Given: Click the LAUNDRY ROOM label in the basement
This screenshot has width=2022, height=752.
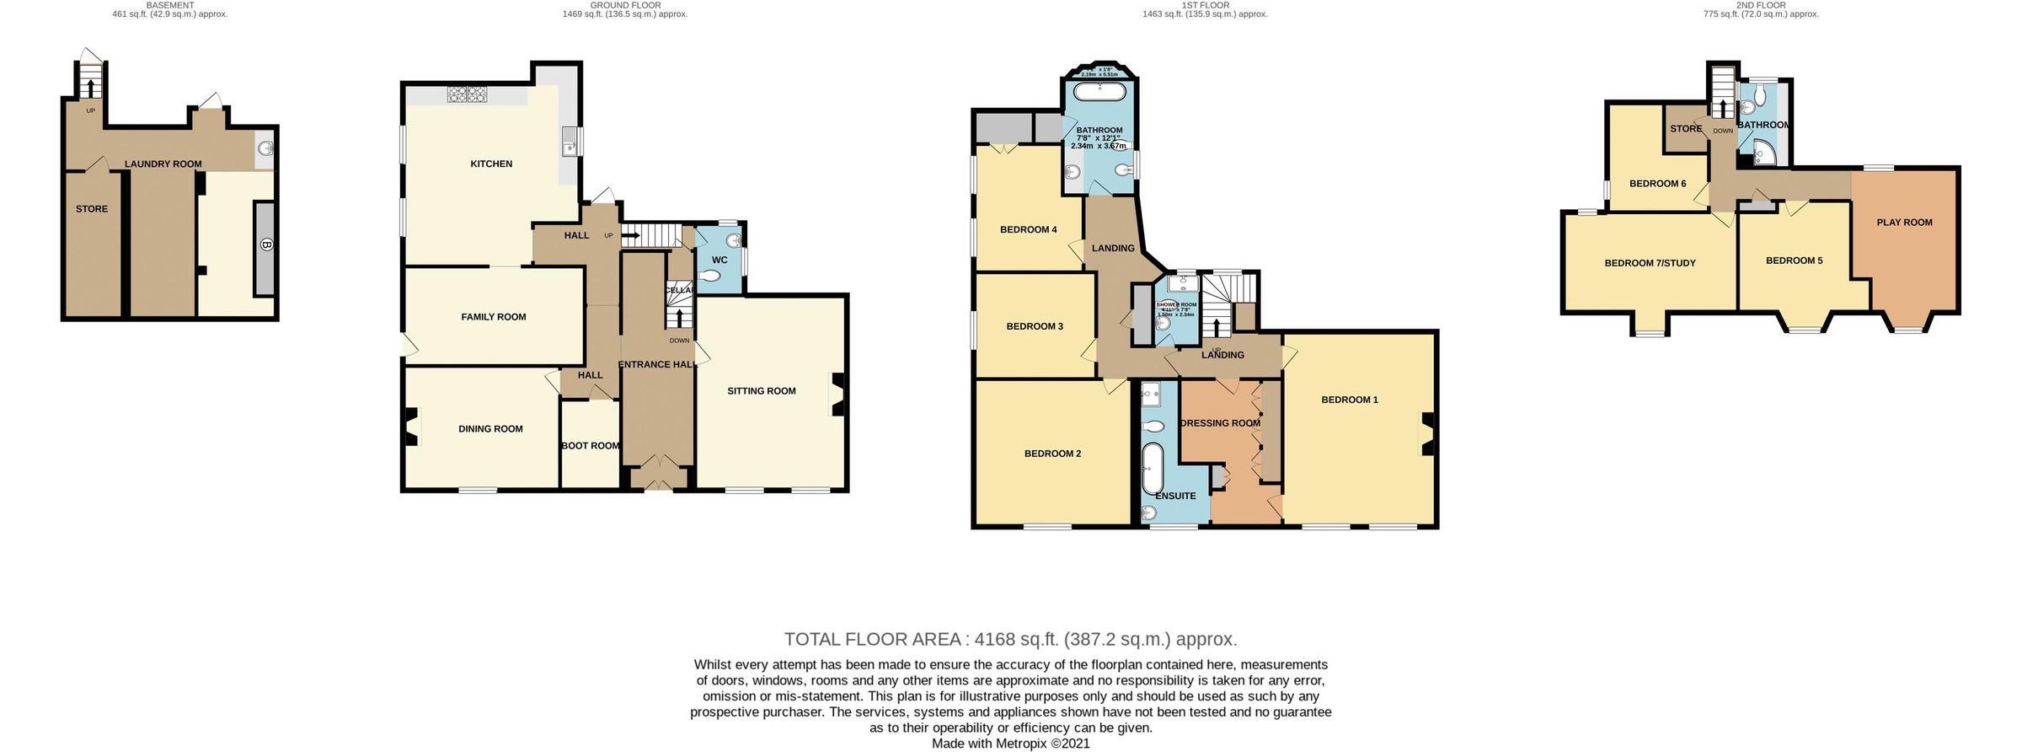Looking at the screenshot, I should tap(163, 164).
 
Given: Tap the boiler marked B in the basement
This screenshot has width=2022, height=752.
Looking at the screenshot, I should tap(265, 246).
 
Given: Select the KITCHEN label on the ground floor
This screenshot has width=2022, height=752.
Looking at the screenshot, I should tap(491, 164).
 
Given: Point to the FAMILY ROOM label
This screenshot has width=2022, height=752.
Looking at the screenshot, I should tap(494, 318).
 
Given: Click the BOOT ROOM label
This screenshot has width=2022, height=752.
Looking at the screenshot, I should tap(591, 446).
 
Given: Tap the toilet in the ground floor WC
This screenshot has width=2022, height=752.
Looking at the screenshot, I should tap(714, 276).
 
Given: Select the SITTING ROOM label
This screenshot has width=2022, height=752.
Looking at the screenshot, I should tap(762, 391).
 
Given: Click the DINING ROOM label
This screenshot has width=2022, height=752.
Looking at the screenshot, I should tap(491, 429).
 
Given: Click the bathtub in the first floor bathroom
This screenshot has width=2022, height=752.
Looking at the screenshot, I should tap(1099, 92).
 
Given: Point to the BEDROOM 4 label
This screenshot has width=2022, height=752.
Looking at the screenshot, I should tap(1028, 229).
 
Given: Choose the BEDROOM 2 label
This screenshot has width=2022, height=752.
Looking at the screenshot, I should tap(1052, 454).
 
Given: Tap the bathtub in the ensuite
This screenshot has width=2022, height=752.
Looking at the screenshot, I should tap(1151, 468).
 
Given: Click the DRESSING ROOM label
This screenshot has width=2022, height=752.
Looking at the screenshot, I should tap(1221, 423).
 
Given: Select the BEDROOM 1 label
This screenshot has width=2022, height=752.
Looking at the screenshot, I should tap(1350, 400).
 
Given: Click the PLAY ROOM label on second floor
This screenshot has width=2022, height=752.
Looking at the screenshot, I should tap(1904, 223).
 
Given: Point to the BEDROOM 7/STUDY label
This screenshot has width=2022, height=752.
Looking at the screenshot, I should tap(1650, 263).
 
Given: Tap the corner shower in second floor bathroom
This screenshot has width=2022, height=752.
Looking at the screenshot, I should tap(1763, 154).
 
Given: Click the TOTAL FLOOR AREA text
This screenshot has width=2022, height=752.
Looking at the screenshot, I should tap(1010, 639).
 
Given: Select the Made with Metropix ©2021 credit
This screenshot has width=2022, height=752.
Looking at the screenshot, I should tap(1010, 744).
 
